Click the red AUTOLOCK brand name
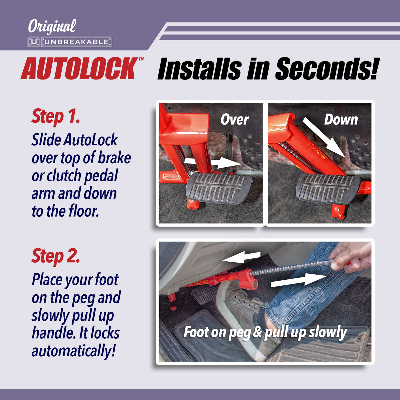point(80,69)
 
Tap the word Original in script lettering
point(52,27)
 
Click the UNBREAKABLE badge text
point(76,42)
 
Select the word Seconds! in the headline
point(327,69)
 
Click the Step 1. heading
point(56,116)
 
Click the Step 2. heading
point(56,256)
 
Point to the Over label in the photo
point(234,120)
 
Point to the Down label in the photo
point(341,120)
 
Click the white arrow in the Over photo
point(213,163)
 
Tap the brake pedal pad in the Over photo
point(218,188)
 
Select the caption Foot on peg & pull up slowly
point(265,332)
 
